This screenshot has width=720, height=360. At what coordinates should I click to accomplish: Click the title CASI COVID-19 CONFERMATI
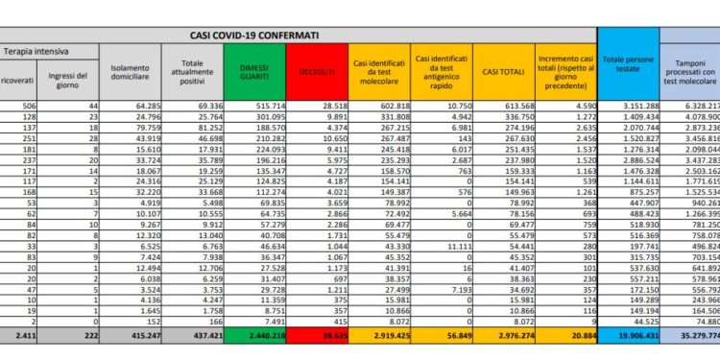click(x=255, y=36)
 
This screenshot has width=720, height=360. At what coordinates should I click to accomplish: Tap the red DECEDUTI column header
click(x=319, y=71)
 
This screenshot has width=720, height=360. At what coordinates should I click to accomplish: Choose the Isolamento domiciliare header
click(x=130, y=71)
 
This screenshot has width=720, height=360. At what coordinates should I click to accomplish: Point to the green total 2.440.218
click(x=262, y=337)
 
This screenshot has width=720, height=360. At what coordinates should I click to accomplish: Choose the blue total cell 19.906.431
click(x=628, y=337)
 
